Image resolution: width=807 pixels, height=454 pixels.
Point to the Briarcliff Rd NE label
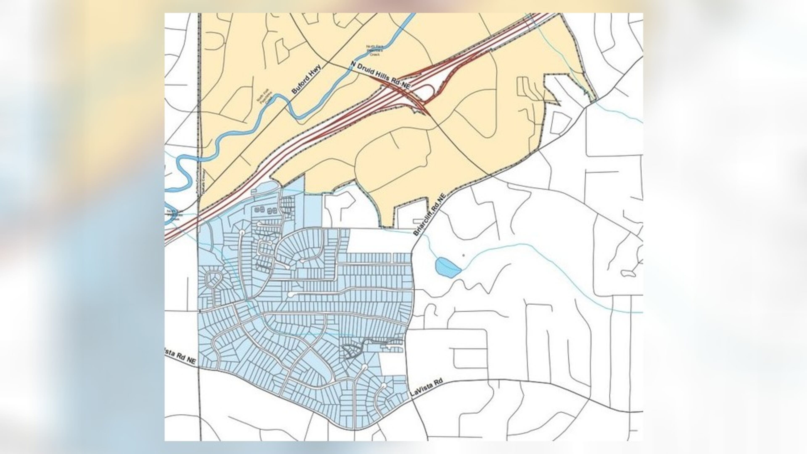(x=429, y=215)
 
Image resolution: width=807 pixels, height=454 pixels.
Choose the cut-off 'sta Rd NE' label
(x=180, y=356)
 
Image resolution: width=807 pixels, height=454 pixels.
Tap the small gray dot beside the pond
(x=464, y=255)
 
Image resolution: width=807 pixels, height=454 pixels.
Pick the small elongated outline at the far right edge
(x=628, y=273)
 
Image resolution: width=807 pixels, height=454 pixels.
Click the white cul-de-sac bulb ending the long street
(x=291, y=294)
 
